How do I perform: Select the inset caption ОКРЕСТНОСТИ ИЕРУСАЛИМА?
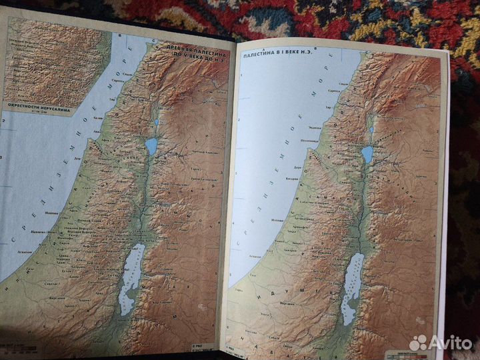point(32,105)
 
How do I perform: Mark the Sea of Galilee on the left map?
point(151,146)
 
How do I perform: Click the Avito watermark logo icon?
point(418,342)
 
